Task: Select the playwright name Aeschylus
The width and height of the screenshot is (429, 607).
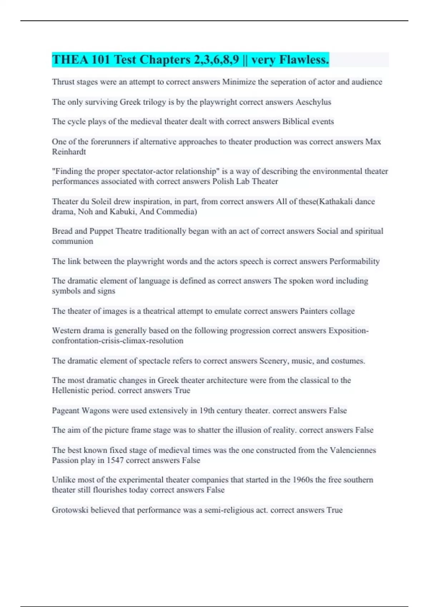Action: tap(313, 102)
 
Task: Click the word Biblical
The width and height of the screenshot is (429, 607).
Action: tap(296, 121)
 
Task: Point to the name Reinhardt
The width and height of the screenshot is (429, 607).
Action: tap(69, 152)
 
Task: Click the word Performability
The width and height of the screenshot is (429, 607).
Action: tap(354, 261)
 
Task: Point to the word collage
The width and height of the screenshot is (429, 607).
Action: tap(342, 311)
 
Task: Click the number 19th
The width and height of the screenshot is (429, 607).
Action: tap(207, 411)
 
